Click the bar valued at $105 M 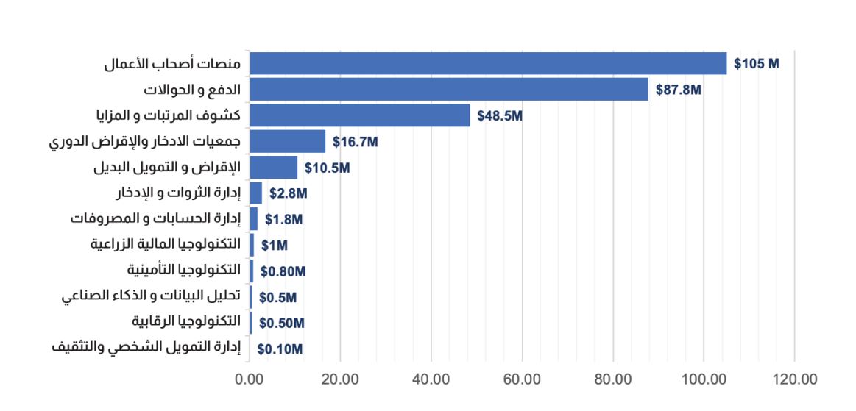487,64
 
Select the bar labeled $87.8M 448,90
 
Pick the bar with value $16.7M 287,141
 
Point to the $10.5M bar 273,168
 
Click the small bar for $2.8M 255,193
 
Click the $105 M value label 756,64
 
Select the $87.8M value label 678,90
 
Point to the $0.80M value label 282,271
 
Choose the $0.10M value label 280,349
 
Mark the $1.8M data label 283,219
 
